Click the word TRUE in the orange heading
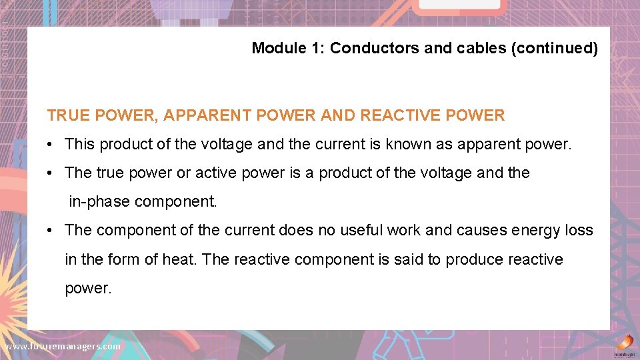coord(68,115)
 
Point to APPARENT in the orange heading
coord(211,115)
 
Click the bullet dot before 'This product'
coord(51,145)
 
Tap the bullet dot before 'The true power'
coord(51,173)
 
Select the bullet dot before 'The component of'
coord(51,231)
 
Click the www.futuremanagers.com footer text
coord(63,347)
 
